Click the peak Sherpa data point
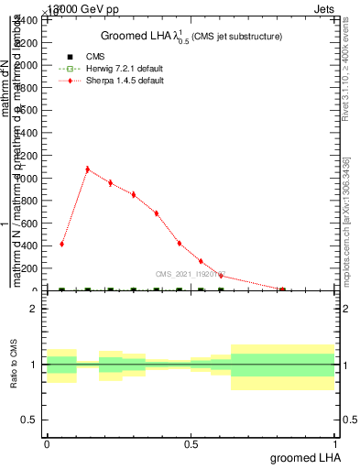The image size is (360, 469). (x=87, y=169)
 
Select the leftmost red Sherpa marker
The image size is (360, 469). (x=61, y=245)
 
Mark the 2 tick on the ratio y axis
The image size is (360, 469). (x=33, y=309)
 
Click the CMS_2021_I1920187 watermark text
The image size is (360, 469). (x=191, y=274)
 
